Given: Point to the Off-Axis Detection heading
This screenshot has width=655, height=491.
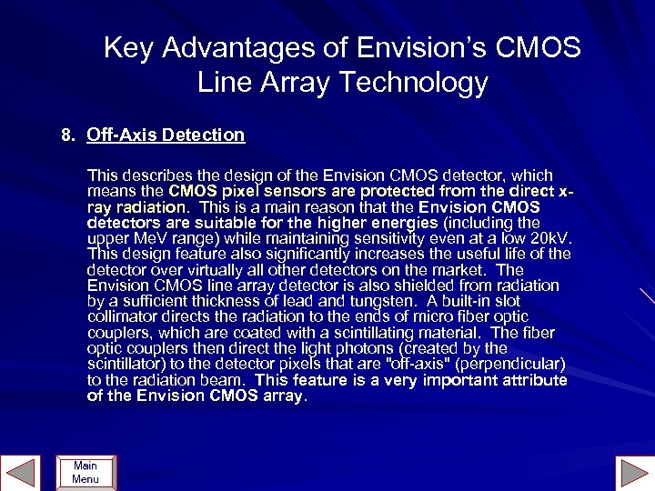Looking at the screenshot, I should tap(166, 135).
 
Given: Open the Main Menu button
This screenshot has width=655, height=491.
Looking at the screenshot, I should tap(86, 472).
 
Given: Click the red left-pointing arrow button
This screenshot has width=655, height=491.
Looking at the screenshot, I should tap(21, 472).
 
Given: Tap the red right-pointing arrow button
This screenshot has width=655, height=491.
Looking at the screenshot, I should tap(631, 473).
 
